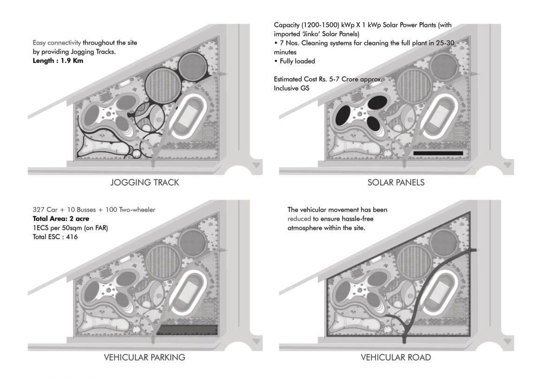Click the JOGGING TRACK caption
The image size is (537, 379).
coord(144,183)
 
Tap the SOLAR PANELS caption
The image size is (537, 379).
coord(396,183)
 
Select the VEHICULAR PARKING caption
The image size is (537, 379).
coord(144,357)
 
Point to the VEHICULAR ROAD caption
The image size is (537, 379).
coord(396,357)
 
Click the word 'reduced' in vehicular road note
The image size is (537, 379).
coord(297,219)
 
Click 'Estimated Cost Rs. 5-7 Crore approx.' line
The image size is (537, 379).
coord(328,79)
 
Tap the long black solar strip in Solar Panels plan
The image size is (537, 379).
coord(438,152)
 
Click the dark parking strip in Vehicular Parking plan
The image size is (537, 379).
coord(187,330)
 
